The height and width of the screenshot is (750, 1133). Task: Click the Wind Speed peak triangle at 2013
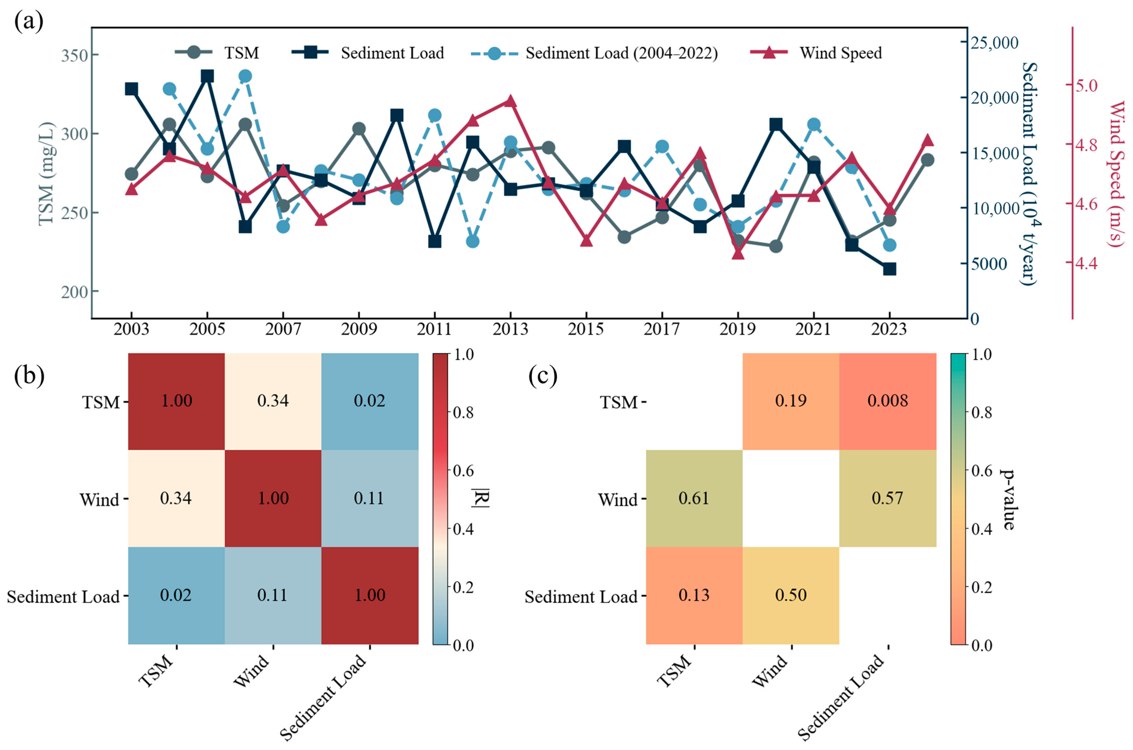510,101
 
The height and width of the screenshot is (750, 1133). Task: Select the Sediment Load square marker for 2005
207,77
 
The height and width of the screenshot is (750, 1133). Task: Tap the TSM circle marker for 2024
927,160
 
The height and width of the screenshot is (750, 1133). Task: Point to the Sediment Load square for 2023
889,269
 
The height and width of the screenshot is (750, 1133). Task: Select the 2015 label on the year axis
586,329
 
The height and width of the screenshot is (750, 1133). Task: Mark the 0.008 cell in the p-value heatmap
888,401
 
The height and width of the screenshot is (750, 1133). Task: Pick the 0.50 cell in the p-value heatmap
791,595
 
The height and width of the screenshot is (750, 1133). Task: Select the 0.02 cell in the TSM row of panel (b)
369,401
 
